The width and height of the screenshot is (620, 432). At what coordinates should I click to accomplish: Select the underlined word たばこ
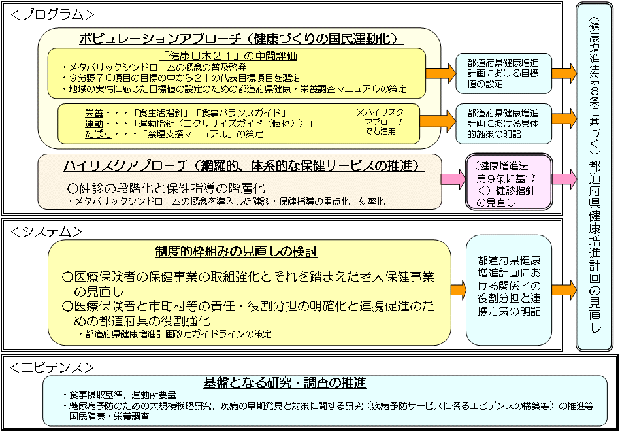coord(97,134)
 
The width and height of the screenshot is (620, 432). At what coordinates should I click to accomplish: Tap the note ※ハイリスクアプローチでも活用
coord(380,122)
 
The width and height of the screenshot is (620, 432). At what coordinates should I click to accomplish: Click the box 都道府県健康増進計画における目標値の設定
coord(503,73)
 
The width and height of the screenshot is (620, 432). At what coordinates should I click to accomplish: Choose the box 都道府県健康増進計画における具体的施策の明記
coord(503,123)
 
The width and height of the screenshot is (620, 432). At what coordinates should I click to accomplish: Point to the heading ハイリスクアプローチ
coord(241,165)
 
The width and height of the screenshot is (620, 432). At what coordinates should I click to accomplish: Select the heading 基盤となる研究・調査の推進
coord(284,382)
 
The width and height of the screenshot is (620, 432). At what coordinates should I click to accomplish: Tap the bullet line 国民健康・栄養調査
coord(108,416)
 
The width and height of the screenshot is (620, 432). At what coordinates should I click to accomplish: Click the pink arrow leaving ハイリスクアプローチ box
coord(452,179)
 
